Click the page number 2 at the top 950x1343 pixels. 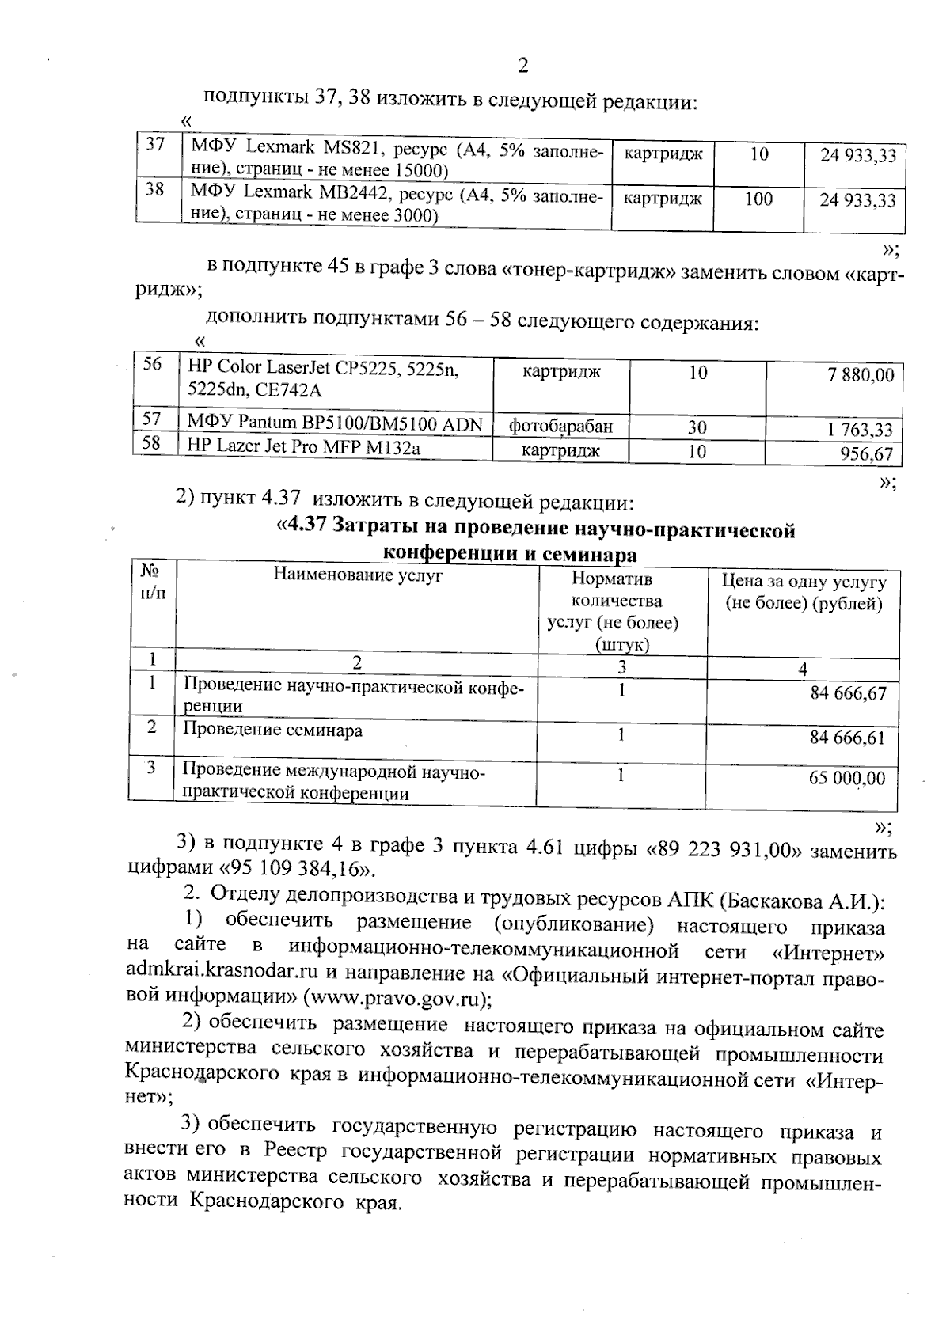[522, 66]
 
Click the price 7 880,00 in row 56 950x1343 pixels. [861, 374]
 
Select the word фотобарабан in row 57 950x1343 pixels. [560, 427]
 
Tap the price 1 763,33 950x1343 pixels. [860, 430]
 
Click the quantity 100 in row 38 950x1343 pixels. [758, 199]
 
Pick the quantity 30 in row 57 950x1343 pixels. [697, 427]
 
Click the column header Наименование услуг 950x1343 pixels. [358, 575]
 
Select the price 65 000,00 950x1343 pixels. [846, 778]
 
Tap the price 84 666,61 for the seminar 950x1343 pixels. [848, 738]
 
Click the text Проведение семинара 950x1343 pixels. [273, 730]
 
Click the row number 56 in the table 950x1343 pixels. [152, 364]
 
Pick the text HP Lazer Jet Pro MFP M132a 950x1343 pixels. [303, 447]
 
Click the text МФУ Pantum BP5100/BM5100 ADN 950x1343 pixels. [334, 423]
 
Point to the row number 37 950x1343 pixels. [156, 145]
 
